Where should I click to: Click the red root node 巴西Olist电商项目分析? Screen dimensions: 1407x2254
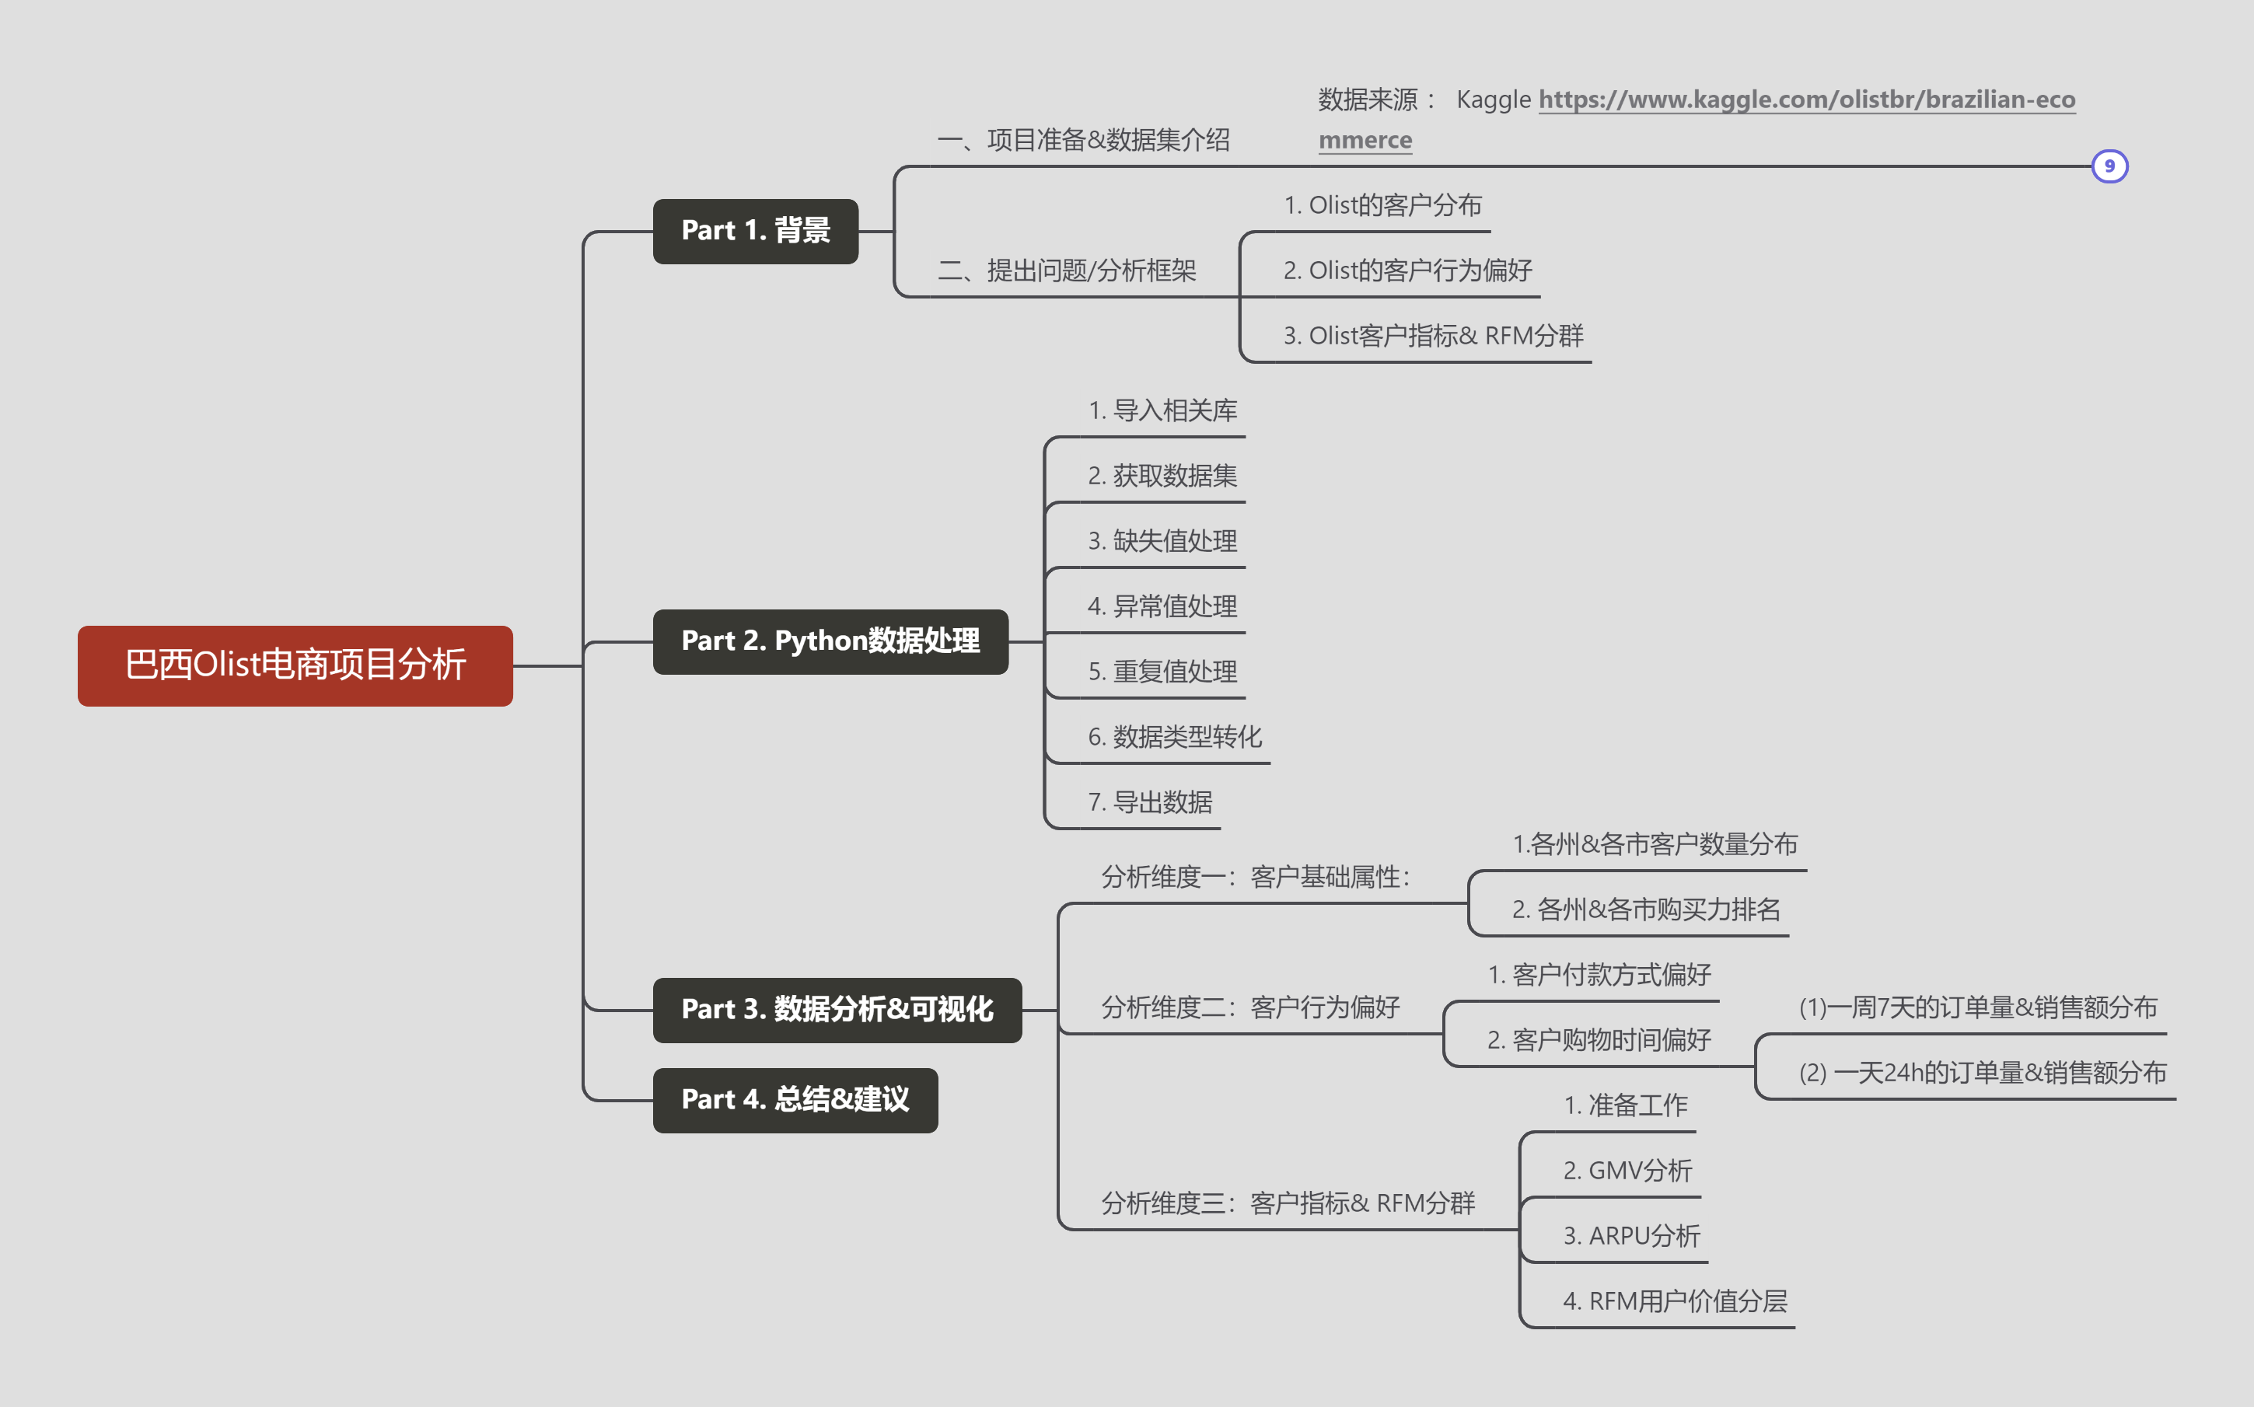[295, 665]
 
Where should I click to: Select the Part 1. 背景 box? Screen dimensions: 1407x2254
[755, 231]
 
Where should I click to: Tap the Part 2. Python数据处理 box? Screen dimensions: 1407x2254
[830, 641]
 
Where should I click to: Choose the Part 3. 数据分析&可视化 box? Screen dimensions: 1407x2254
[837, 1010]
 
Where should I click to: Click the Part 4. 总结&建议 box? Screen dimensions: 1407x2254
[795, 1100]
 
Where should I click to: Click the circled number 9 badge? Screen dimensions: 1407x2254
[2109, 166]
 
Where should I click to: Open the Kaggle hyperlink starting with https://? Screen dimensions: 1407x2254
[1805, 100]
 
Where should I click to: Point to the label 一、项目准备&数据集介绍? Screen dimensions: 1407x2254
[1082, 141]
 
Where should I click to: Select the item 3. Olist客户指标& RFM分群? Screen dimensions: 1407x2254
[1432, 336]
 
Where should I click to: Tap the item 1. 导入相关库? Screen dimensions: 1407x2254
[1162, 410]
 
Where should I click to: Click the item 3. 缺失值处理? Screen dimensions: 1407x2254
[1162, 541]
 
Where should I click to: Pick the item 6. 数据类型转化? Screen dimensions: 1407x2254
[1175, 737]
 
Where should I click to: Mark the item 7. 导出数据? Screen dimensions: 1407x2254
[1149, 802]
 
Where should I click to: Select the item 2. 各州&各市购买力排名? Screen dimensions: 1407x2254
[1645, 909]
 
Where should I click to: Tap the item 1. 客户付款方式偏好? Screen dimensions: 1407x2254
[1599, 974]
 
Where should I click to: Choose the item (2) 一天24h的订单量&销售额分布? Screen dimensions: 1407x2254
[1982, 1073]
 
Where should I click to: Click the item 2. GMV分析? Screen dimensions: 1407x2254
[1627, 1171]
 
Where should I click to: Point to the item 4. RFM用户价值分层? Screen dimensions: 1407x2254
[1674, 1301]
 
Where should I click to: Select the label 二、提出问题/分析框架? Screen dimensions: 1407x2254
[1067, 271]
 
